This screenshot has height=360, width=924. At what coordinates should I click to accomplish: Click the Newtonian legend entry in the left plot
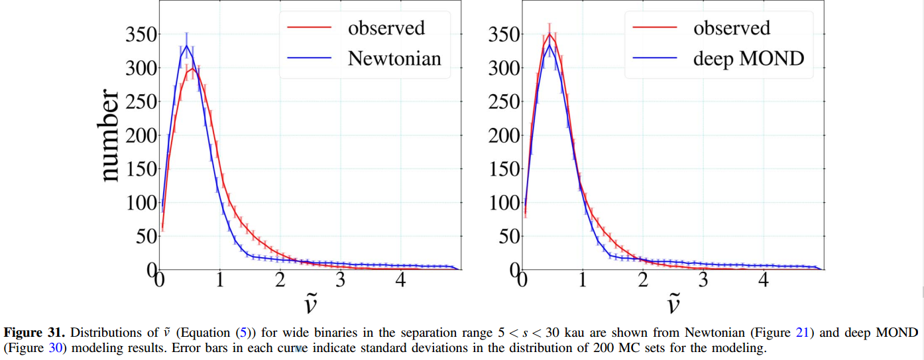(x=394, y=58)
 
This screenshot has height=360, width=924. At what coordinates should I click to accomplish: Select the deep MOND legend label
(x=748, y=58)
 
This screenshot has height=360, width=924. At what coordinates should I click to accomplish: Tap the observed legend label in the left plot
(x=386, y=28)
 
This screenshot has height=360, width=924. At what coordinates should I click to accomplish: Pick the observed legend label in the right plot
(x=732, y=28)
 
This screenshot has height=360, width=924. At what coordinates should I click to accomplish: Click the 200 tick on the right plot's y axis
(x=504, y=136)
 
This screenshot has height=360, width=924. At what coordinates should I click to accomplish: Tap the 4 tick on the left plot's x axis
(x=400, y=280)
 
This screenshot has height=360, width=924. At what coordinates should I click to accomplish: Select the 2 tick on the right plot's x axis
(x=642, y=280)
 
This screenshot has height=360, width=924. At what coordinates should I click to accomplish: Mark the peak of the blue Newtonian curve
(x=187, y=46)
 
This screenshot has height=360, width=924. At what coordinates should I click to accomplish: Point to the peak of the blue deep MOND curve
(x=549, y=45)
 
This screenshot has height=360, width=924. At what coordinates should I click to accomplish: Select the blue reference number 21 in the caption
(x=802, y=331)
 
